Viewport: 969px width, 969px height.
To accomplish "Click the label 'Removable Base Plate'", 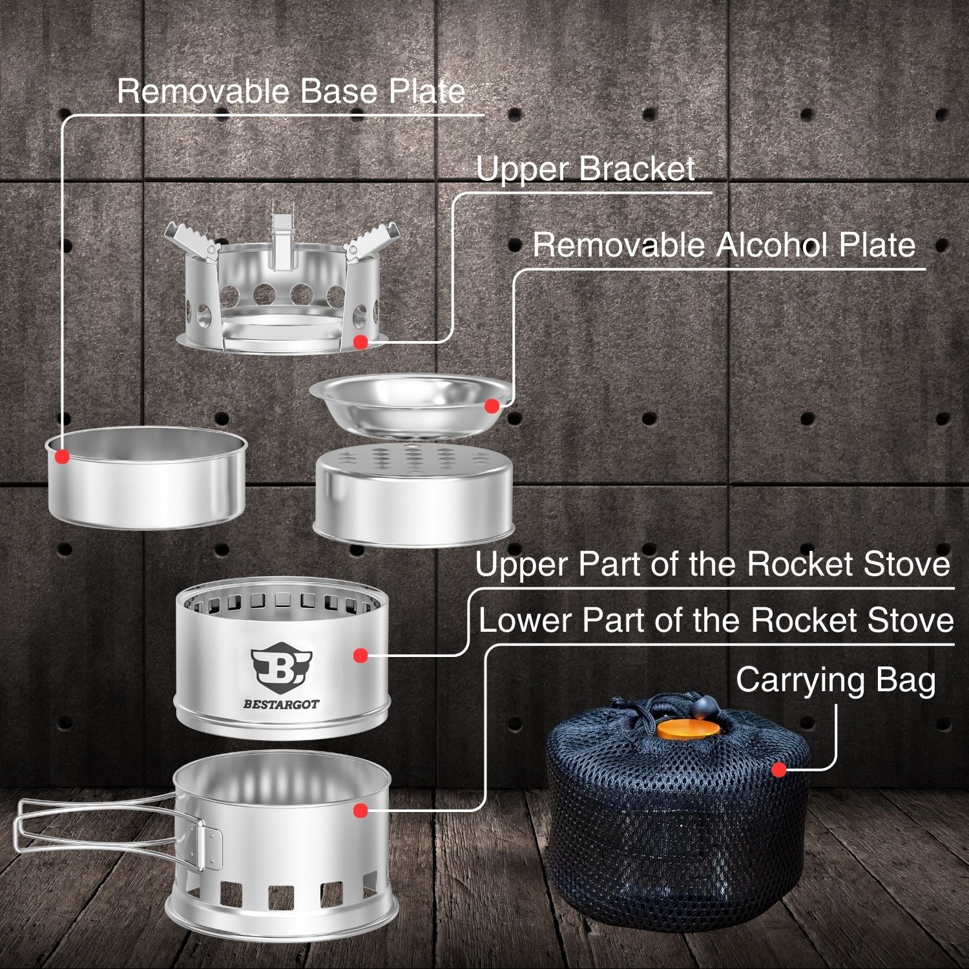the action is [x=291, y=91].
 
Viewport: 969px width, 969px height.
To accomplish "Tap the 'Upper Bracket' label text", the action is [x=586, y=169].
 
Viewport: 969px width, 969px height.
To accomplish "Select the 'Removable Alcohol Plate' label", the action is [x=724, y=245].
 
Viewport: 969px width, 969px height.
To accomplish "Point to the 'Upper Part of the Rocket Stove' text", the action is [x=713, y=564].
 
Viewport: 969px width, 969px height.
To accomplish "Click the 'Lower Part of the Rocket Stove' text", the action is [x=716, y=620].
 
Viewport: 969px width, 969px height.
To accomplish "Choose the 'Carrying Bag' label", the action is [x=836, y=681].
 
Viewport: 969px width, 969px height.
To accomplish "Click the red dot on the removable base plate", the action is [x=62, y=456].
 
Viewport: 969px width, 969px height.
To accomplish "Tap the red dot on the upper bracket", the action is [x=360, y=342].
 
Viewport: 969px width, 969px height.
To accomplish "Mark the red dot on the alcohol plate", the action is [x=492, y=406].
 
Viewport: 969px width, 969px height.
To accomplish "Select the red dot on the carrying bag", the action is [x=779, y=769].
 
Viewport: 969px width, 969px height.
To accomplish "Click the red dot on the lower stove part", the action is [x=360, y=810].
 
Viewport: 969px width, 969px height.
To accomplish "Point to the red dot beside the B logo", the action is [x=360, y=655].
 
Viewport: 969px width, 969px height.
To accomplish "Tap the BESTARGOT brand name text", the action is [x=281, y=704].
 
